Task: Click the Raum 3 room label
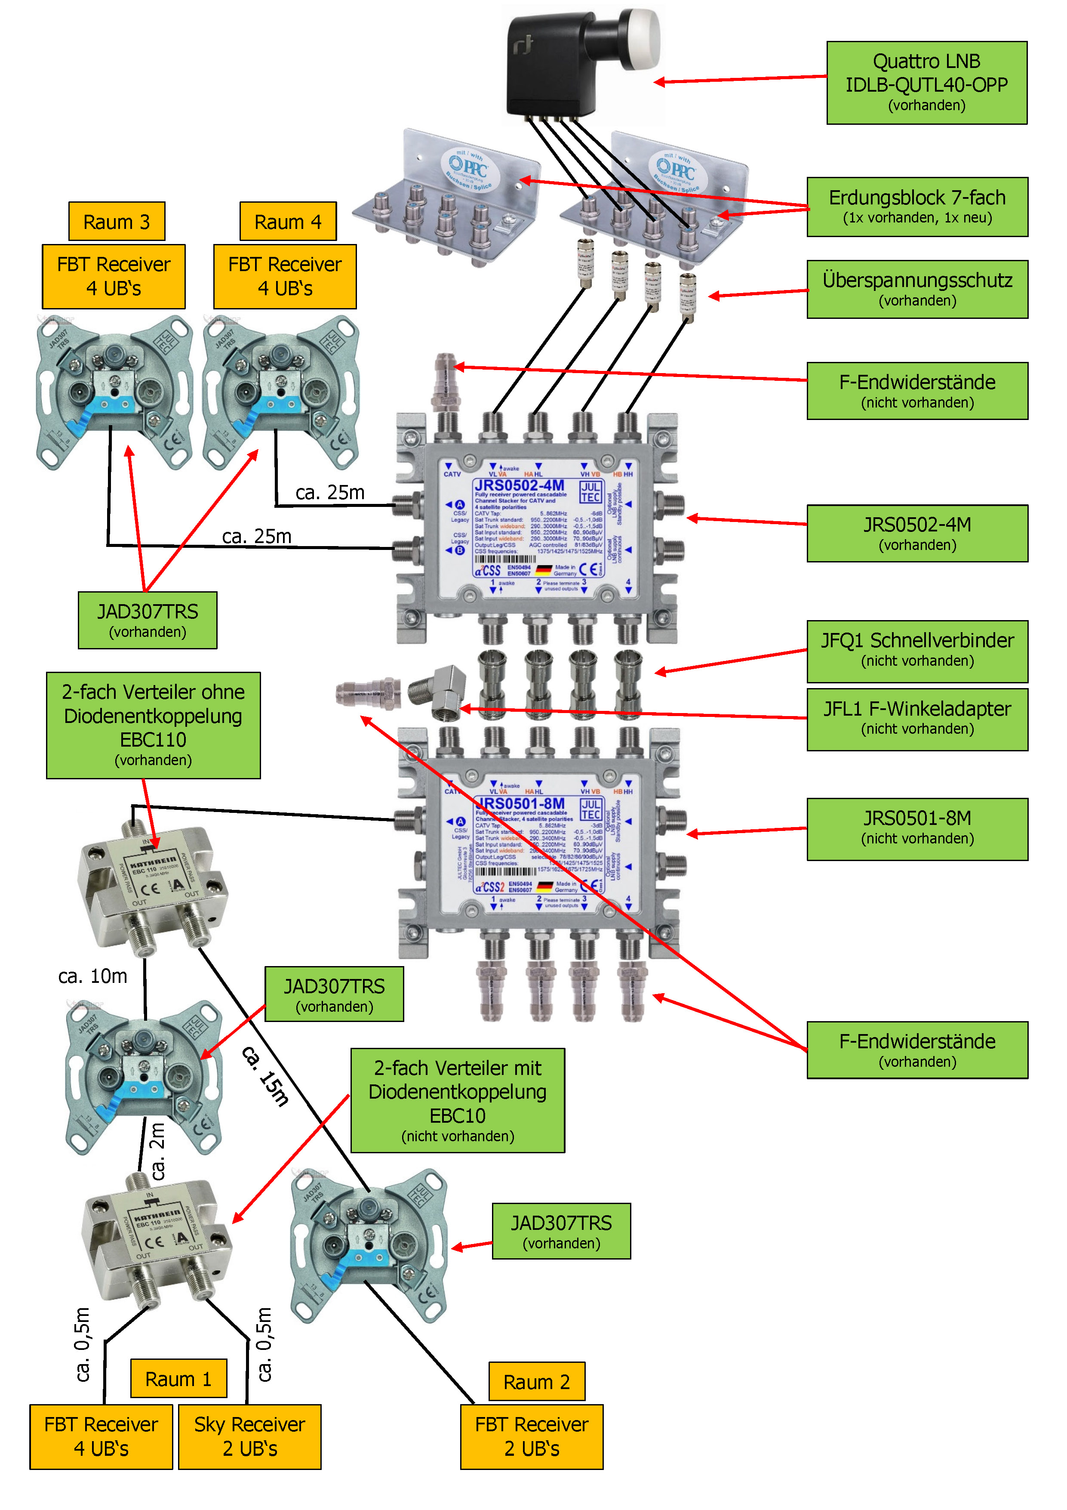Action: click(x=117, y=222)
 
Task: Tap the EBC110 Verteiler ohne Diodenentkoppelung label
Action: click(x=153, y=726)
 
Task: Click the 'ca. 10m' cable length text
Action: click(x=93, y=976)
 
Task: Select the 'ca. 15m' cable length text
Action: click(x=266, y=1076)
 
